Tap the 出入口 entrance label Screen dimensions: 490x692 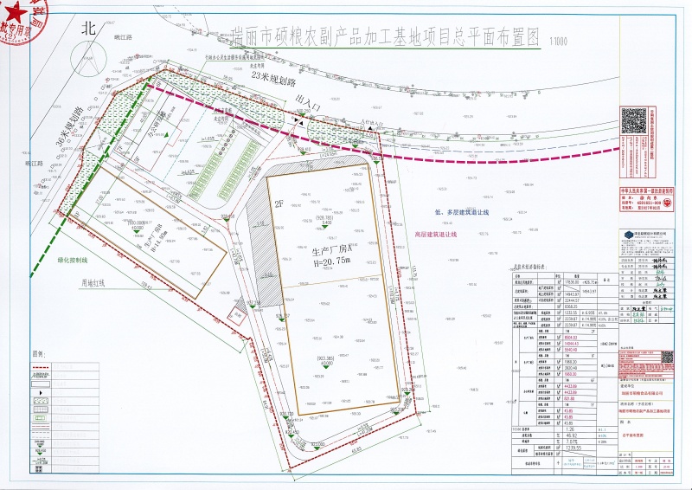307,101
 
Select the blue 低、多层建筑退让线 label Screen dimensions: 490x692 463,210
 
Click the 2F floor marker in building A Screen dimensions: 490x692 279,204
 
